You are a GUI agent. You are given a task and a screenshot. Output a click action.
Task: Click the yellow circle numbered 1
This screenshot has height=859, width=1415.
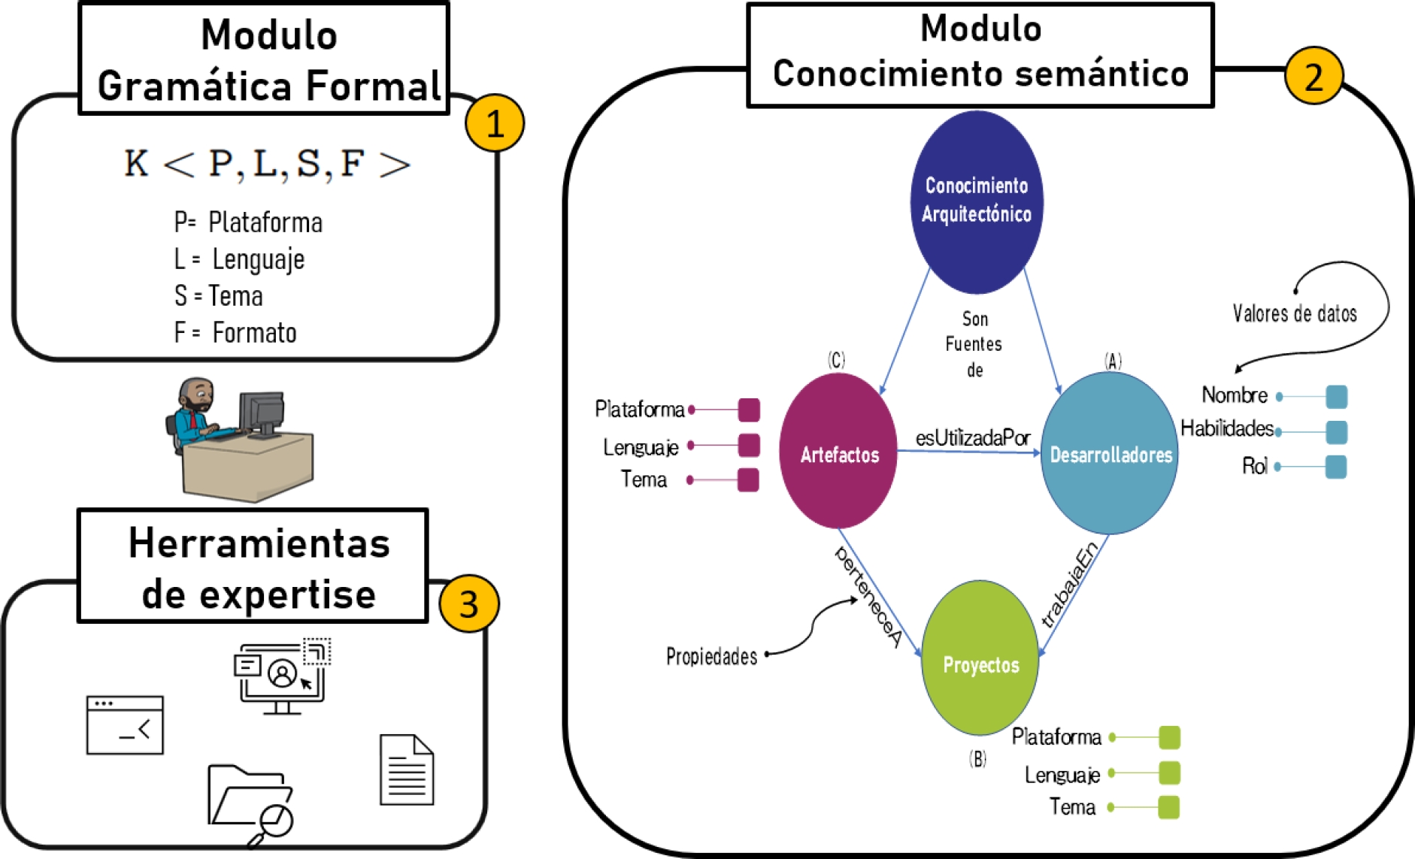click(x=494, y=122)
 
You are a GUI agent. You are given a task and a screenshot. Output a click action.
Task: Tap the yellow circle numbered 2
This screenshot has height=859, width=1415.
click(x=1313, y=76)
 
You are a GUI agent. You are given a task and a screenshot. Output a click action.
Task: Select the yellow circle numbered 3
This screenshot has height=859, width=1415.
click(x=468, y=603)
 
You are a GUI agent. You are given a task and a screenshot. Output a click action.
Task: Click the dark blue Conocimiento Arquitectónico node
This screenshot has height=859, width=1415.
click(x=976, y=201)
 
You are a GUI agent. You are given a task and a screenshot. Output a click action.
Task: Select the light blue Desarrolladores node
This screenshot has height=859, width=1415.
click(x=1110, y=454)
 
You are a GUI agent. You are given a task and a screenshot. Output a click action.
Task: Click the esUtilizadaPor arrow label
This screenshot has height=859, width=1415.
click(x=972, y=437)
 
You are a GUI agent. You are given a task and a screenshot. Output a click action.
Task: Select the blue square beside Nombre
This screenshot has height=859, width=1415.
click(x=1336, y=396)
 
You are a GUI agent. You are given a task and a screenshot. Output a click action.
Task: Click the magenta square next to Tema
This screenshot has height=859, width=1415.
click(x=748, y=479)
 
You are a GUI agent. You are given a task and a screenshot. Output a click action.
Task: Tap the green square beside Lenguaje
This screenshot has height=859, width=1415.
click(x=1169, y=773)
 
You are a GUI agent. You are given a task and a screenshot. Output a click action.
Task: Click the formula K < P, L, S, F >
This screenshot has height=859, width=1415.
click(x=267, y=164)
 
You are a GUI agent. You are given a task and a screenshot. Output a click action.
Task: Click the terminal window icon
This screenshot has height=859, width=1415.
click(x=125, y=724)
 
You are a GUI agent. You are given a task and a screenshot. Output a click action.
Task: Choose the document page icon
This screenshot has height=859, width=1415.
click(x=407, y=770)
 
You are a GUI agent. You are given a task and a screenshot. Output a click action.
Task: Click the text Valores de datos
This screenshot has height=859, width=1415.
click(x=1294, y=313)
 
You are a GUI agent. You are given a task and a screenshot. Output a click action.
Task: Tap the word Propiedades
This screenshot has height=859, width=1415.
click(x=711, y=656)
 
